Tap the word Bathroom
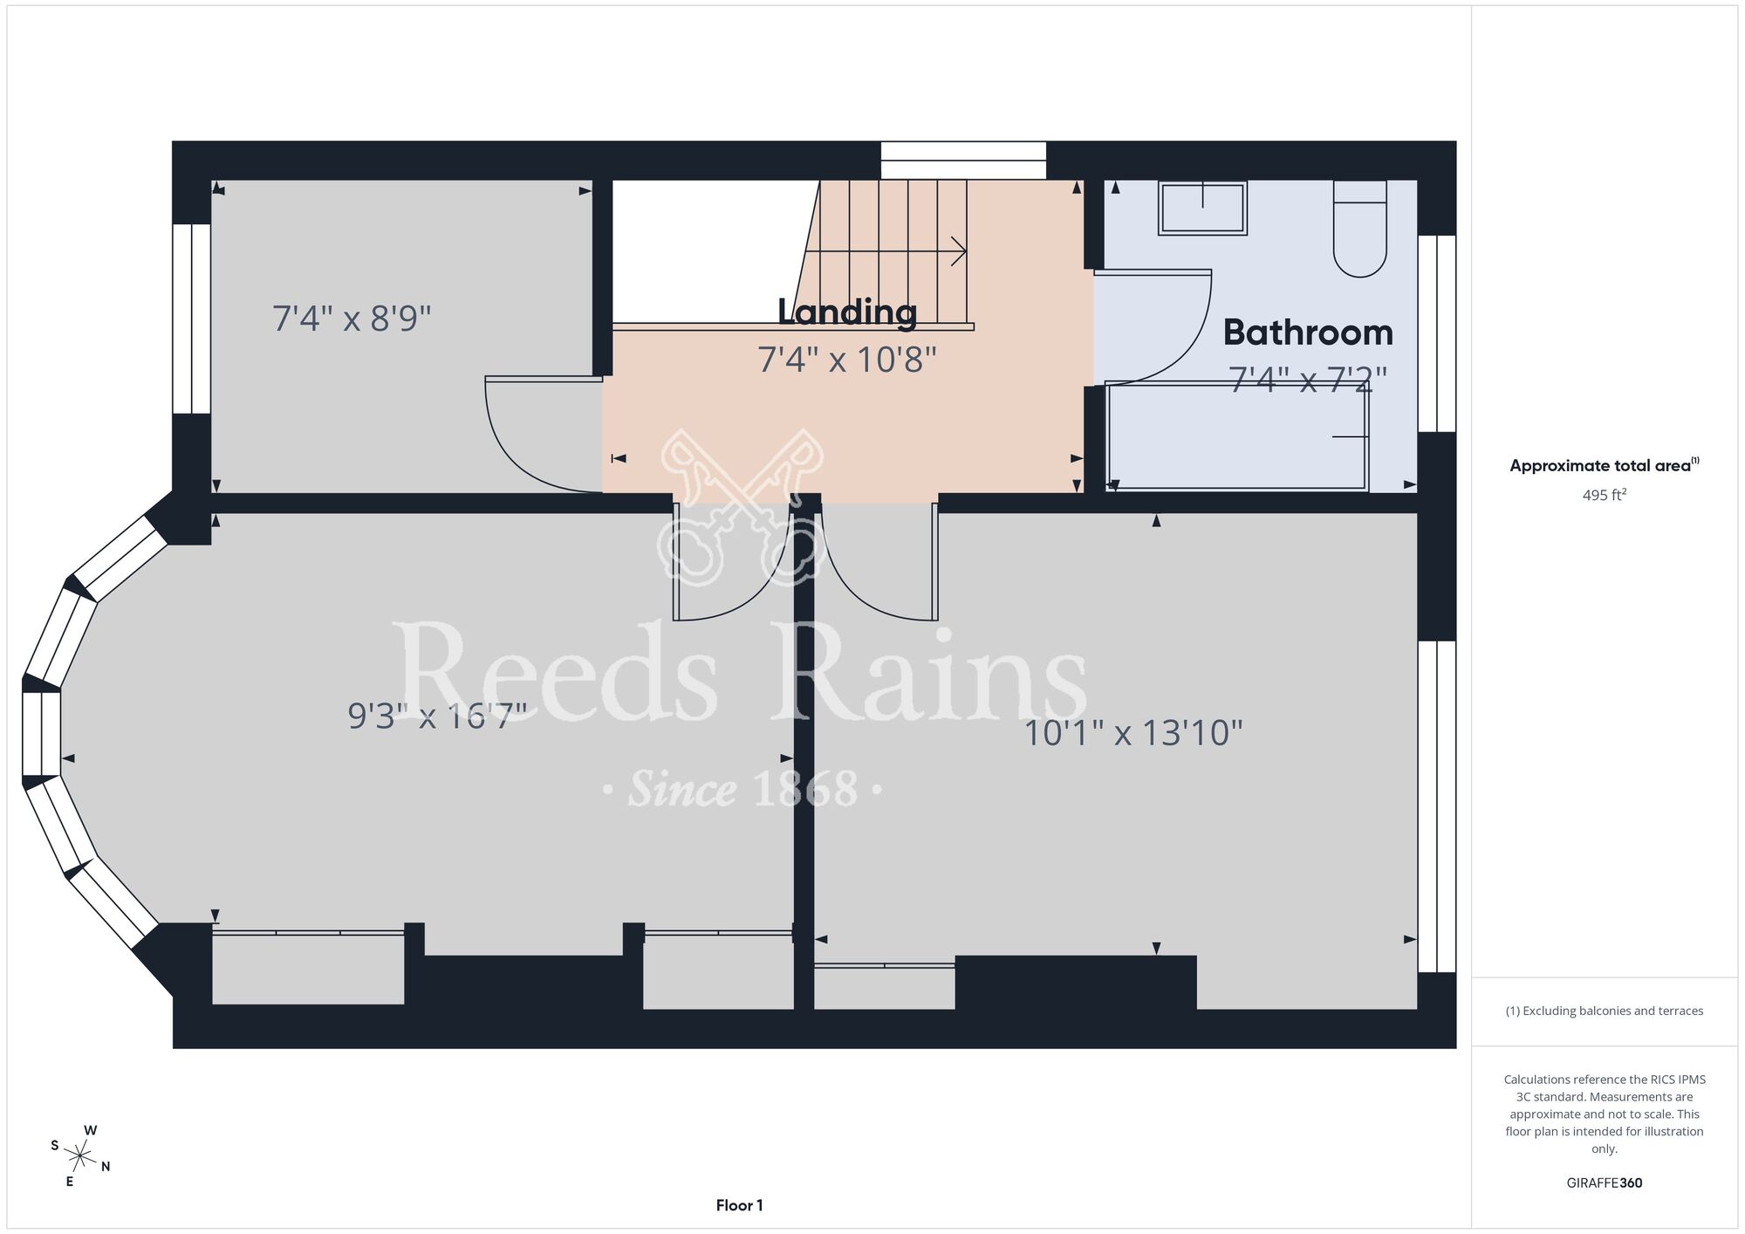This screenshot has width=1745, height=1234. (1308, 332)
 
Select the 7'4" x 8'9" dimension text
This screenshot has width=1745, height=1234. (352, 319)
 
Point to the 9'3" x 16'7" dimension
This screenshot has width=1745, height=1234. (437, 716)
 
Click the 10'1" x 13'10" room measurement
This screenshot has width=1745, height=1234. (1133, 733)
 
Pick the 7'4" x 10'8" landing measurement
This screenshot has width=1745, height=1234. (846, 360)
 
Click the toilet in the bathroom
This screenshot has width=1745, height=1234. (1360, 229)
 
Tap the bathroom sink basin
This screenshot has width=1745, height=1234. (1202, 208)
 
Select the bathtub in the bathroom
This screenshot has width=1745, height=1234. (1236, 436)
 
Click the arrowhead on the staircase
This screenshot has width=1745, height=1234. (960, 252)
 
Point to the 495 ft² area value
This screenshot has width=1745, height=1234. (1605, 495)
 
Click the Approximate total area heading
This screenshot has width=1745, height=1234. (1605, 465)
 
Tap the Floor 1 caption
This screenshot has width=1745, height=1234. (739, 1205)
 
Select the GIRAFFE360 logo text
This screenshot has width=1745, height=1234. (1605, 1183)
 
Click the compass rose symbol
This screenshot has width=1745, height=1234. (80, 1157)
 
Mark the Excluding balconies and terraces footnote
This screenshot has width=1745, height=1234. (1605, 1011)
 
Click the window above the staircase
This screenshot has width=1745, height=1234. (963, 161)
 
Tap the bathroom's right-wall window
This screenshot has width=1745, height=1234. (1437, 333)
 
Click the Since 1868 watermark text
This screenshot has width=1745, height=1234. (742, 789)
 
